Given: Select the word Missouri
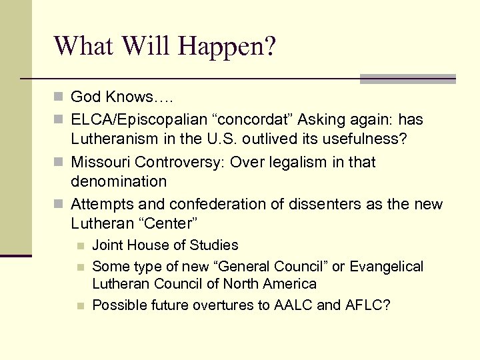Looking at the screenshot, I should (99, 162).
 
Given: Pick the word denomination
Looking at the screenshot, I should (119, 181).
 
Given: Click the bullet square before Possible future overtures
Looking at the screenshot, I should (81, 306).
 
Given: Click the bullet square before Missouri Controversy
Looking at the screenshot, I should (60, 162).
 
